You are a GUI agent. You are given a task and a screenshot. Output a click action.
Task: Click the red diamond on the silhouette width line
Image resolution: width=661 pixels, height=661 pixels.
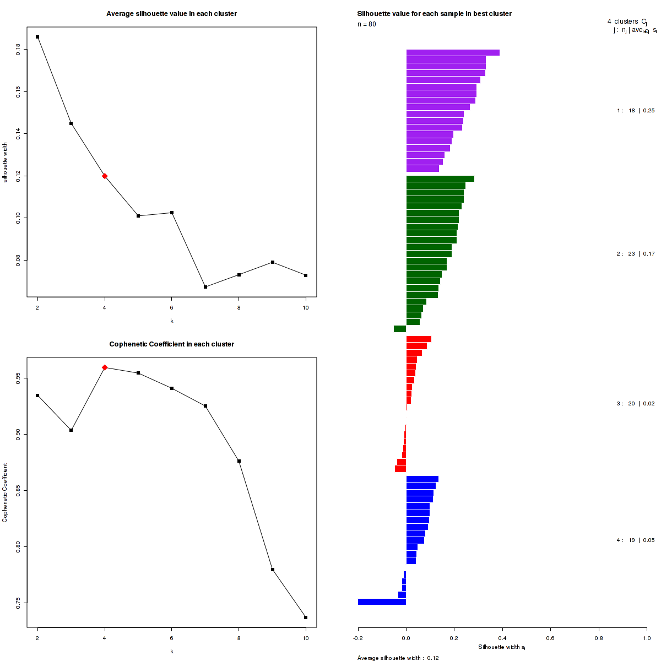(105, 176)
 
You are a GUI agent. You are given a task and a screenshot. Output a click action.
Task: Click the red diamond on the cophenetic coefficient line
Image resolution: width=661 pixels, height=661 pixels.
(105, 367)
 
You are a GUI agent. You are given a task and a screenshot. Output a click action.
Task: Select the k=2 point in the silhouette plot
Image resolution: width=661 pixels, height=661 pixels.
(37, 37)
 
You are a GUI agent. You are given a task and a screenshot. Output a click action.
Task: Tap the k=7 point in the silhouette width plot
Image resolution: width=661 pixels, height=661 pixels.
(205, 287)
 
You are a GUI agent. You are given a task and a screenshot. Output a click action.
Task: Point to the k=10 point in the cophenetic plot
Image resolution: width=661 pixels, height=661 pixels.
(306, 617)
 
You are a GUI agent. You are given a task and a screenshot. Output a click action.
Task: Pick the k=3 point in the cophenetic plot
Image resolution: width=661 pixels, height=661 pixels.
(71, 430)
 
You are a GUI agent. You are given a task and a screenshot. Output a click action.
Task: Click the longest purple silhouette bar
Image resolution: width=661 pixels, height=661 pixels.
(453, 53)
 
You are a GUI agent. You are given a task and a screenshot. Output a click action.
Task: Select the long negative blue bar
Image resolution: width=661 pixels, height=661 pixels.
(382, 602)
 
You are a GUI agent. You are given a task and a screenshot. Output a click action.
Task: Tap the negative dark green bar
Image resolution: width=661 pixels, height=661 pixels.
(400, 329)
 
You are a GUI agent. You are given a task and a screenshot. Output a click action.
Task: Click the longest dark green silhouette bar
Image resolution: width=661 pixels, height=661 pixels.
(440, 179)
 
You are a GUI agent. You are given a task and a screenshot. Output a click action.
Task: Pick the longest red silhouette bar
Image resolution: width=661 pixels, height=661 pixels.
(419, 339)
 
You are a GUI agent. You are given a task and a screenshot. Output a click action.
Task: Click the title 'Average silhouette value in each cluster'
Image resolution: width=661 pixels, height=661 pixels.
(171, 14)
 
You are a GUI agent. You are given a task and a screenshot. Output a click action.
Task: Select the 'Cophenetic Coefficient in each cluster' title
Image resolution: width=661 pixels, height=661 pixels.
(171, 344)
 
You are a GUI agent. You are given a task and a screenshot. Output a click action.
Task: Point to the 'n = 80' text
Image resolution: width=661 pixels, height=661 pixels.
(367, 24)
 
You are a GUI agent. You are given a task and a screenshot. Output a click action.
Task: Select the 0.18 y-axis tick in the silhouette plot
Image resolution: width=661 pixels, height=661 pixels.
(19, 50)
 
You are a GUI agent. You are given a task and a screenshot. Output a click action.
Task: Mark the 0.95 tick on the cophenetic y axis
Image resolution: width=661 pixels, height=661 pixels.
(19, 378)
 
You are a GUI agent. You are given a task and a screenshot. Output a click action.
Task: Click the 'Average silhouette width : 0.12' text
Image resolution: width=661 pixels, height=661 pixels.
(398, 658)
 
